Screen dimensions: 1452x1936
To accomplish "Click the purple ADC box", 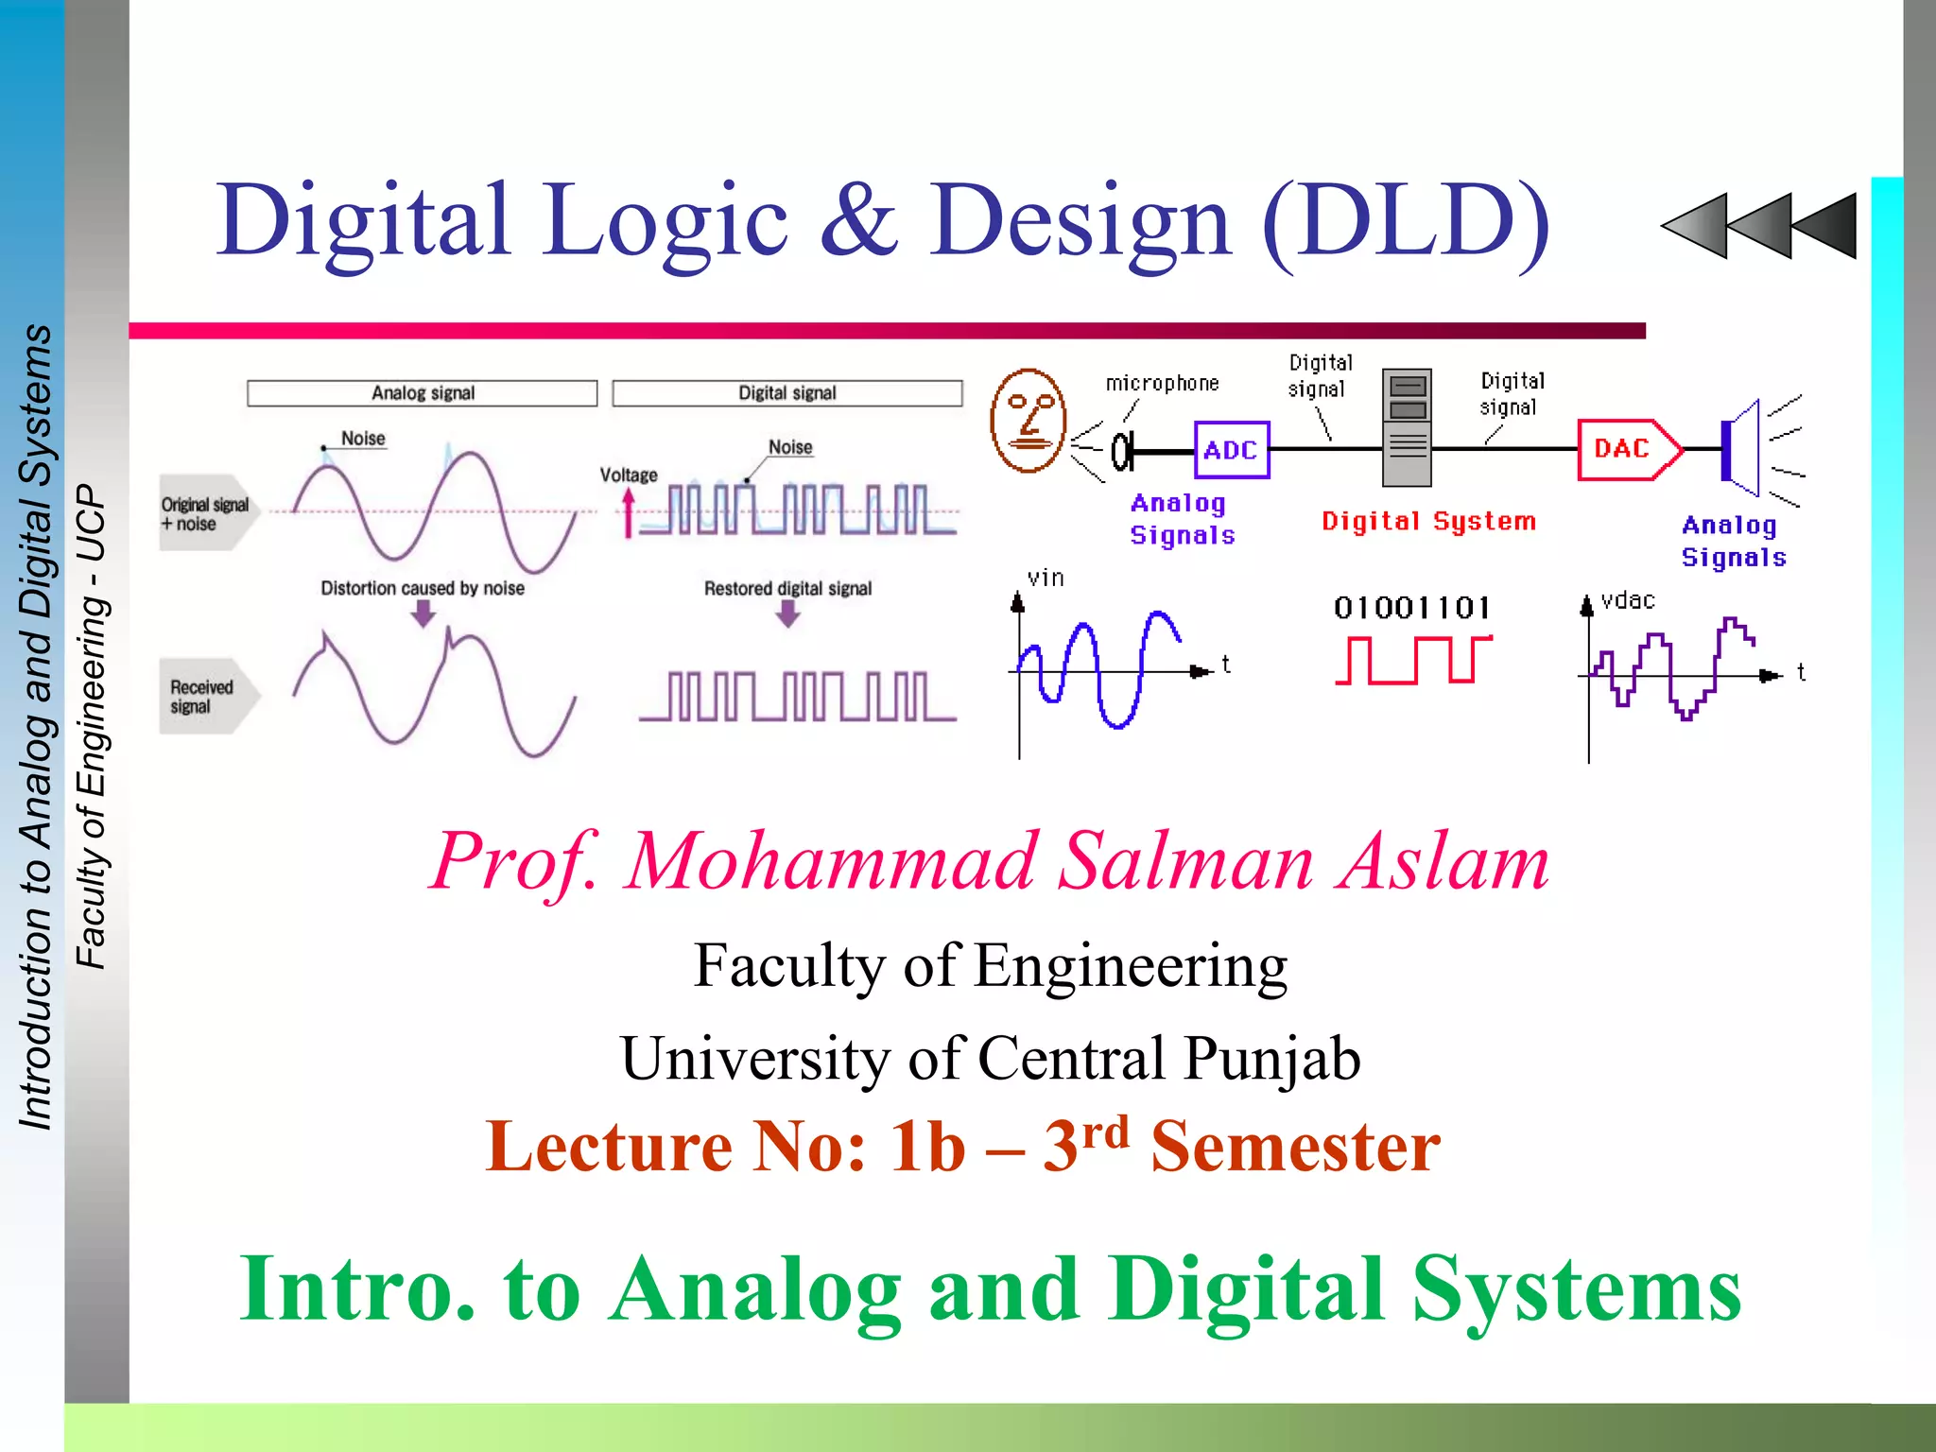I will pyautogui.click(x=1231, y=450).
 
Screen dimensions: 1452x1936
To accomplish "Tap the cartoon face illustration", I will pyautogui.click(x=1028, y=421).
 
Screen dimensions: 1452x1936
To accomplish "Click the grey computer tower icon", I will pyautogui.click(x=1407, y=427).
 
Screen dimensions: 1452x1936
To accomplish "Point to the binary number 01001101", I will pyautogui.click(x=1411, y=607).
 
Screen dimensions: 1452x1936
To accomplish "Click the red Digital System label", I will pyautogui.click(x=1428, y=521).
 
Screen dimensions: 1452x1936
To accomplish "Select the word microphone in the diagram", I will pyautogui.click(x=1162, y=384).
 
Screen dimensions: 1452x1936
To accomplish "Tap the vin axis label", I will pyautogui.click(x=1046, y=578).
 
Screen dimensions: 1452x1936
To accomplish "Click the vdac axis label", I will pyautogui.click(x=1628, y=600).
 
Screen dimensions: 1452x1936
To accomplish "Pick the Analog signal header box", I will pyautogui.click(x=423, y=393).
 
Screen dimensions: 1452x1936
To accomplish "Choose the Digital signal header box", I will pyautogui.click(x=787, y=393).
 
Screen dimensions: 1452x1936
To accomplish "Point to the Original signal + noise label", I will pyautogui.click(x=205, y=513).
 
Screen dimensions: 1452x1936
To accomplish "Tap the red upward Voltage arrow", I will pyautogui.click(x=629, y=513).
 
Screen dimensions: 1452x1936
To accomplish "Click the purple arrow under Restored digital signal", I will pyautogui.click(x=787, y=615).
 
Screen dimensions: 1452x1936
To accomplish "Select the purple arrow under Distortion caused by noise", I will pyautogui.click(x=423, y=615).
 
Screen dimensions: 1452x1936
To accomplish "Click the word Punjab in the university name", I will pyautogui.click(x=1271, y=1058).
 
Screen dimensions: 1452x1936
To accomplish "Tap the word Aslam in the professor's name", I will pyautogui.click(x=1443, y=862).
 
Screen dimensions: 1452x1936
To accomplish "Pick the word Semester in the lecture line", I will pyautogui.click(x=1295, y=1147).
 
